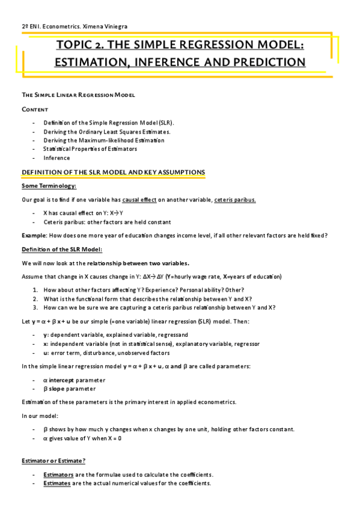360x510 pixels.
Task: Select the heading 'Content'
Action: point(35,109)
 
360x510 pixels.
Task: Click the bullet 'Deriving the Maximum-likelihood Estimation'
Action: point(103,140)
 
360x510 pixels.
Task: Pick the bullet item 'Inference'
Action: point(56,158)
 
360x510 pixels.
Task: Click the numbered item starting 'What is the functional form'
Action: point(148,299)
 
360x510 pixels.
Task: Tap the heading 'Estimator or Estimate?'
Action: point(53,461)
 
